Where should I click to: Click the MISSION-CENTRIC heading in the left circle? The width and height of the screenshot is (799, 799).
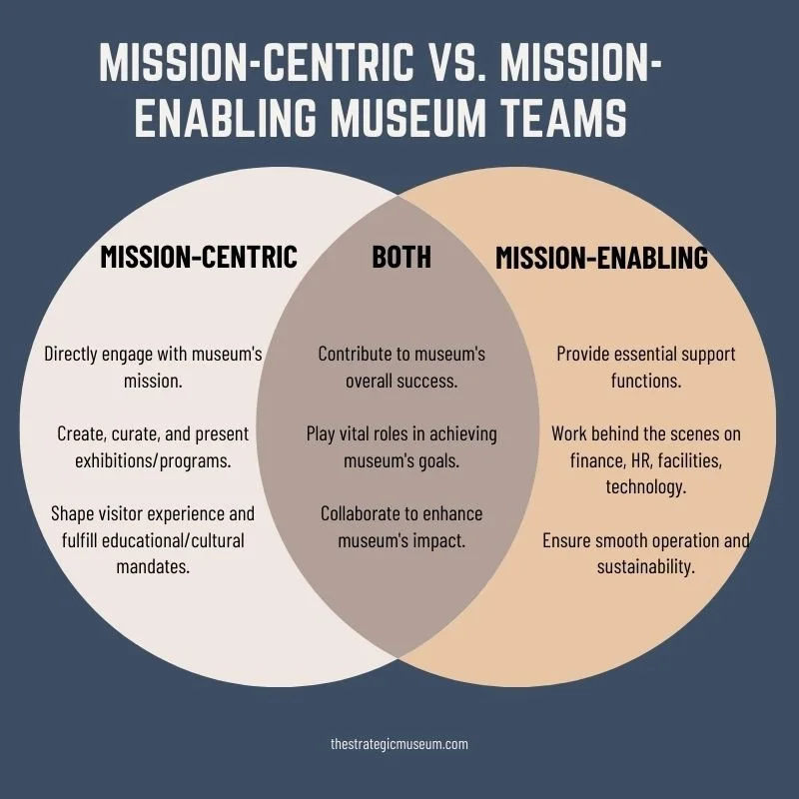199,257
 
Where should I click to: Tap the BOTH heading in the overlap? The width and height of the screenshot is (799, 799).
401,257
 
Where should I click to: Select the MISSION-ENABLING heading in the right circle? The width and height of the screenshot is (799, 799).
601,258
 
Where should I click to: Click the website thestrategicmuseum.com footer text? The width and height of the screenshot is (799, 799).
399,743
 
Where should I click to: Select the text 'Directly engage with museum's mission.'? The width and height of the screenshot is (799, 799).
154,367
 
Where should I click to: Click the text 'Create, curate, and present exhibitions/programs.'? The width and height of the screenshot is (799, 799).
154,446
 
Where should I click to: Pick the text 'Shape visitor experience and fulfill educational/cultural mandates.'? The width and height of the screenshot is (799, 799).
154,539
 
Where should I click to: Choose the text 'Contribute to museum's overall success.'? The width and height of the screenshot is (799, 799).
401,367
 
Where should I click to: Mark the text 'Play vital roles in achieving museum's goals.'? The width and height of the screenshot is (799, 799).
401,446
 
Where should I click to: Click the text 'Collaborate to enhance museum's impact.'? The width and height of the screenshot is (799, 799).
401,526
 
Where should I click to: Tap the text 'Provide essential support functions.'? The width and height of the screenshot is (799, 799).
646,367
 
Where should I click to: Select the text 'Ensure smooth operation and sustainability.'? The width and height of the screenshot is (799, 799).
646,553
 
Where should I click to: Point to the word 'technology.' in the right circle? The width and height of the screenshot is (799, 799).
646,486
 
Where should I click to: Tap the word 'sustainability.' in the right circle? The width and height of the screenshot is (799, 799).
646,566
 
